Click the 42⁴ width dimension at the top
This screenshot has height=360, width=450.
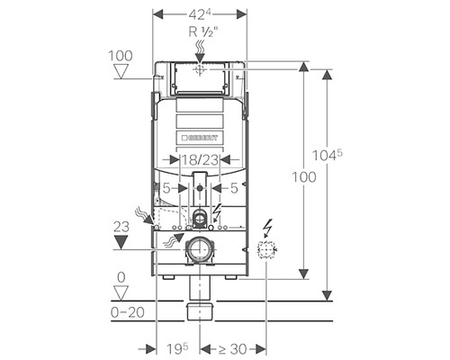[200, 14]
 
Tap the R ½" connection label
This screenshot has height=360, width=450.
[202, 31]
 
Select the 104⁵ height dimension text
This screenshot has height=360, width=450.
[328, 155]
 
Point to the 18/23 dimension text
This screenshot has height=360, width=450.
[200, 160]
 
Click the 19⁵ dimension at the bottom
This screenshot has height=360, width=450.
[177, 348]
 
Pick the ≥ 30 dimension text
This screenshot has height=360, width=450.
[232, 349]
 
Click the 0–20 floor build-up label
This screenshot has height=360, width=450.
[128, 312]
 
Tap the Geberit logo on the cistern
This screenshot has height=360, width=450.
[200, 138]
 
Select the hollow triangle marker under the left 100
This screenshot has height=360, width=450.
[121, 71]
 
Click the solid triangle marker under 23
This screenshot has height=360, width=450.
[121, 242]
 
